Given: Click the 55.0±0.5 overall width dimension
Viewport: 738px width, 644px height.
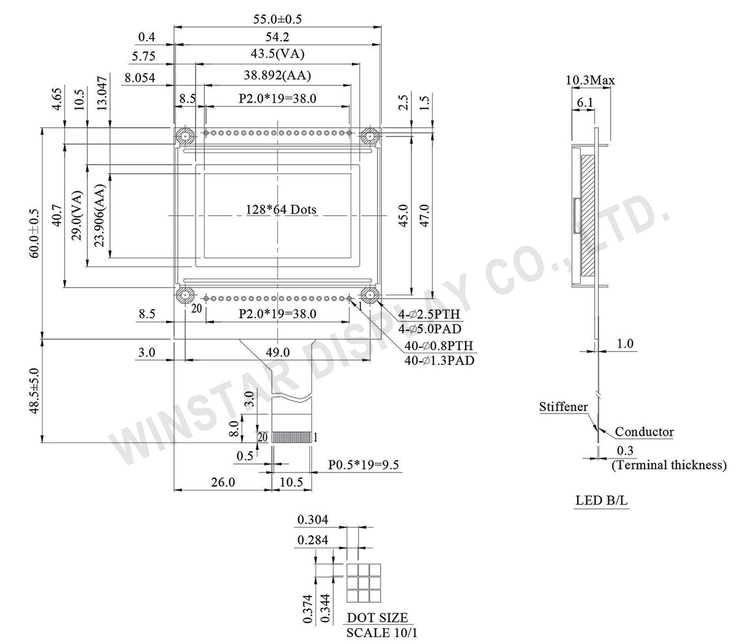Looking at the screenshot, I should (x=277, y=19).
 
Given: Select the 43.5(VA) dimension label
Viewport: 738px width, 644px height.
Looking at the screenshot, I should (x=277, y=54).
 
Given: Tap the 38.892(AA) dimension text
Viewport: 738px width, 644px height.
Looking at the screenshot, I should (x=277, y=76).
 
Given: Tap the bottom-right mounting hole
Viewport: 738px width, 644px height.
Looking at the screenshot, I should (x=370, y=296).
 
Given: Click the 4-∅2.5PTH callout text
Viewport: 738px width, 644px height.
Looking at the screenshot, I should (x=429, y=315).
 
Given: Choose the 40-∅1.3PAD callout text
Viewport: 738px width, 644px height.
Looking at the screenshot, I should (x=439, y=361).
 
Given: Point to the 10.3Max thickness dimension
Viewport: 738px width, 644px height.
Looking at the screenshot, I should (x=590, y=80).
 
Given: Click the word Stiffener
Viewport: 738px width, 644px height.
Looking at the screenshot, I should (x=563, y=407).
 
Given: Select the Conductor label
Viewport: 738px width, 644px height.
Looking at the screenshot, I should (x=644, y=432).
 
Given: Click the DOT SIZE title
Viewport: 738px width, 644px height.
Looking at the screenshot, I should (x=377, y=618).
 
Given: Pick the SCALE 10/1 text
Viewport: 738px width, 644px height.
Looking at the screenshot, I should (x=381, y=632).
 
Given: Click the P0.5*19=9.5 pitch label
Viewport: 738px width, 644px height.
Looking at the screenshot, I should (x=363, y=465).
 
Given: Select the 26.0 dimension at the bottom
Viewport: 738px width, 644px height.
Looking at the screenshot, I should (x=223, y=482).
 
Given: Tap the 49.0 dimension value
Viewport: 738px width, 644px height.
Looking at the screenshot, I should (x=277, y=352).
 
